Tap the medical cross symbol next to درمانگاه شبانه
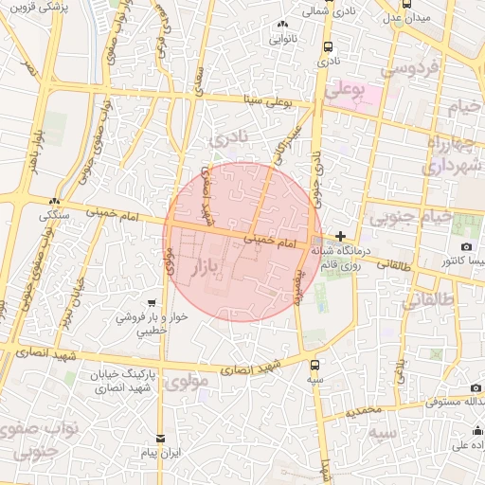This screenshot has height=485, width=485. click(x=341, y=236)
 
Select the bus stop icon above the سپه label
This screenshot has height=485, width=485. click(x=315, y=364)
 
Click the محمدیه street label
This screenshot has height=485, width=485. click(x=363, y=411)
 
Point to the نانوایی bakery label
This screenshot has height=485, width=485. click(x=283, y=39)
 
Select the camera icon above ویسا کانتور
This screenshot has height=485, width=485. click(x=466, y=247)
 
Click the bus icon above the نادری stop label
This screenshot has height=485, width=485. click(x=328, y=46)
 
